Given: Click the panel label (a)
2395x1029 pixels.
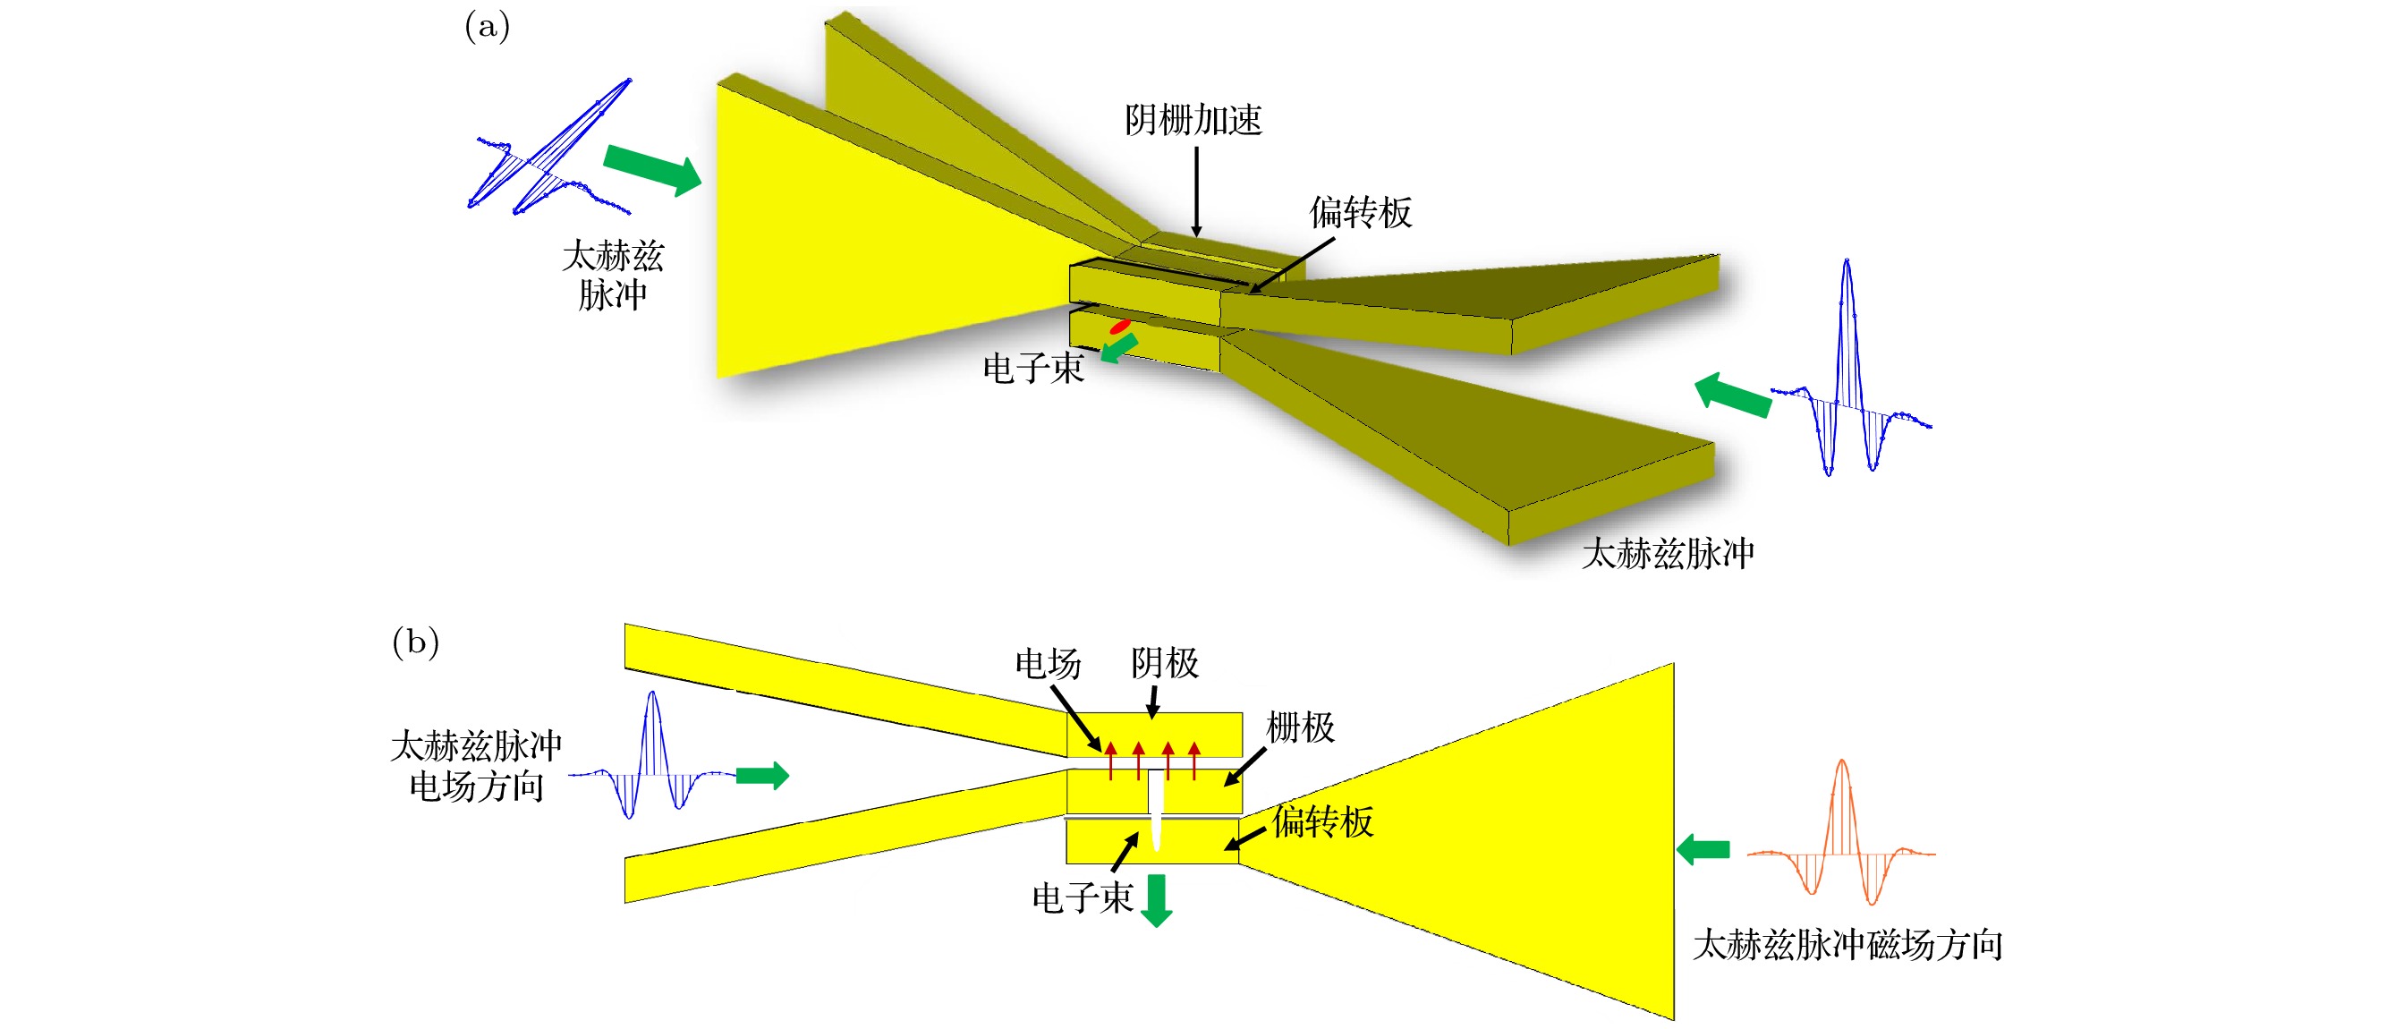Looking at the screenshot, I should click(x=487, y=25).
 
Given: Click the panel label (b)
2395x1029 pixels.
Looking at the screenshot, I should click(x=414, y=641).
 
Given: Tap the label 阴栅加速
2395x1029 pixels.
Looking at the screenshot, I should click(x=1193, y=120).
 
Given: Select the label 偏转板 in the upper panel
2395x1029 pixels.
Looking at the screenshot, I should click(x=1360, y=213).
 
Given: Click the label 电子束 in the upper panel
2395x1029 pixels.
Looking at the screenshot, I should click(x=1033, y=369).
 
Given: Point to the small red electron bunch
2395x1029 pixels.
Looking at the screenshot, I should click(x=1119, y=327).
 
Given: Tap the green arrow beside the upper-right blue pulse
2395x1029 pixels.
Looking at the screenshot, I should click(x=1732, y=394).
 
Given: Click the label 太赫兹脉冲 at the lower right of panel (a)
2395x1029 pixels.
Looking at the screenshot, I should click(x=1667, y=554).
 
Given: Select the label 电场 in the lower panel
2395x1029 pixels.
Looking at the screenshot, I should click(x=1048, y=664).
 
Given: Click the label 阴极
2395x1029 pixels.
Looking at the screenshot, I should click(x=1164, y=664).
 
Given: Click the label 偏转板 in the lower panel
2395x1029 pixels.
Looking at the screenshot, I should click(x=1322, y=821).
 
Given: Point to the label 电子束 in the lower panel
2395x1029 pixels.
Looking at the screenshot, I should click(x=1083, y=898).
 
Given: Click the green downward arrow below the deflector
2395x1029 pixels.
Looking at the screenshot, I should click(x=1157, y=900).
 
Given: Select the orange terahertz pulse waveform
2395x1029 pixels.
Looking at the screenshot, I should click(x=1841, y=832).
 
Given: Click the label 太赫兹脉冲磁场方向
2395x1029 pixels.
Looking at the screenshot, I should click(x=1847, y=946).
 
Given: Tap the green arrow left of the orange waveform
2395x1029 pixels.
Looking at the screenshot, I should click(x=1703, y=848).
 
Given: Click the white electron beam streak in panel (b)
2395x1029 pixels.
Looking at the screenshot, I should click(x=1156, y=809).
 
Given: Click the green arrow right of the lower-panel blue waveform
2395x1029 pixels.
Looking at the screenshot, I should click(x=762, y=775).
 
